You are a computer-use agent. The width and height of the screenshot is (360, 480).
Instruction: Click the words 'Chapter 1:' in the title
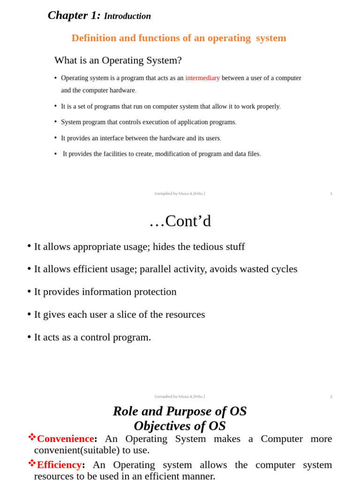coord(74,15)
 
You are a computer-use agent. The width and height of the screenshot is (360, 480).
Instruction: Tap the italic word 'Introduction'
coord(127,16)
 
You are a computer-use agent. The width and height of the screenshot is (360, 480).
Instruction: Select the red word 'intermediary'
coord(202,78)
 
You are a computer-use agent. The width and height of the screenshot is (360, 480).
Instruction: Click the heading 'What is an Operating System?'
coord(118,60)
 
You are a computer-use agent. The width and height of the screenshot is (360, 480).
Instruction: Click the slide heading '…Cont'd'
coord(180,221)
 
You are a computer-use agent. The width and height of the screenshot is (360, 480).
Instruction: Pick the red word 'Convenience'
coord(65,439)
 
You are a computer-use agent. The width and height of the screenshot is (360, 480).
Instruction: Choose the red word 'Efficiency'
coord(59,465)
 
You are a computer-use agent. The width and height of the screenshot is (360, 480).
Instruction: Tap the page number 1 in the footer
coord(331,194)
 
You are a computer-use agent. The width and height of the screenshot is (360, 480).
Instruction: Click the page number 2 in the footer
coord(331,397)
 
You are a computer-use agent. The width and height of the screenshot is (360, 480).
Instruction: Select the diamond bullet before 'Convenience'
coord(32,437)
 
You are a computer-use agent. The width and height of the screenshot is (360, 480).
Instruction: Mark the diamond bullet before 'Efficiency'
coord(32,463)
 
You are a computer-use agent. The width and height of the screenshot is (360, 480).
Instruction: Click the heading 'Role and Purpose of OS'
coord(180,411)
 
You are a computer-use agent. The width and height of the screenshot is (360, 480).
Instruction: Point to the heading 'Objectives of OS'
coord(180,426)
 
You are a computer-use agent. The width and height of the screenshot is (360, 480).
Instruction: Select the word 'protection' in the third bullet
coord(155,292)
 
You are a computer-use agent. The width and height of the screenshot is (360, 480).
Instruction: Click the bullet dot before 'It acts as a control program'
coord(29,337)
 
